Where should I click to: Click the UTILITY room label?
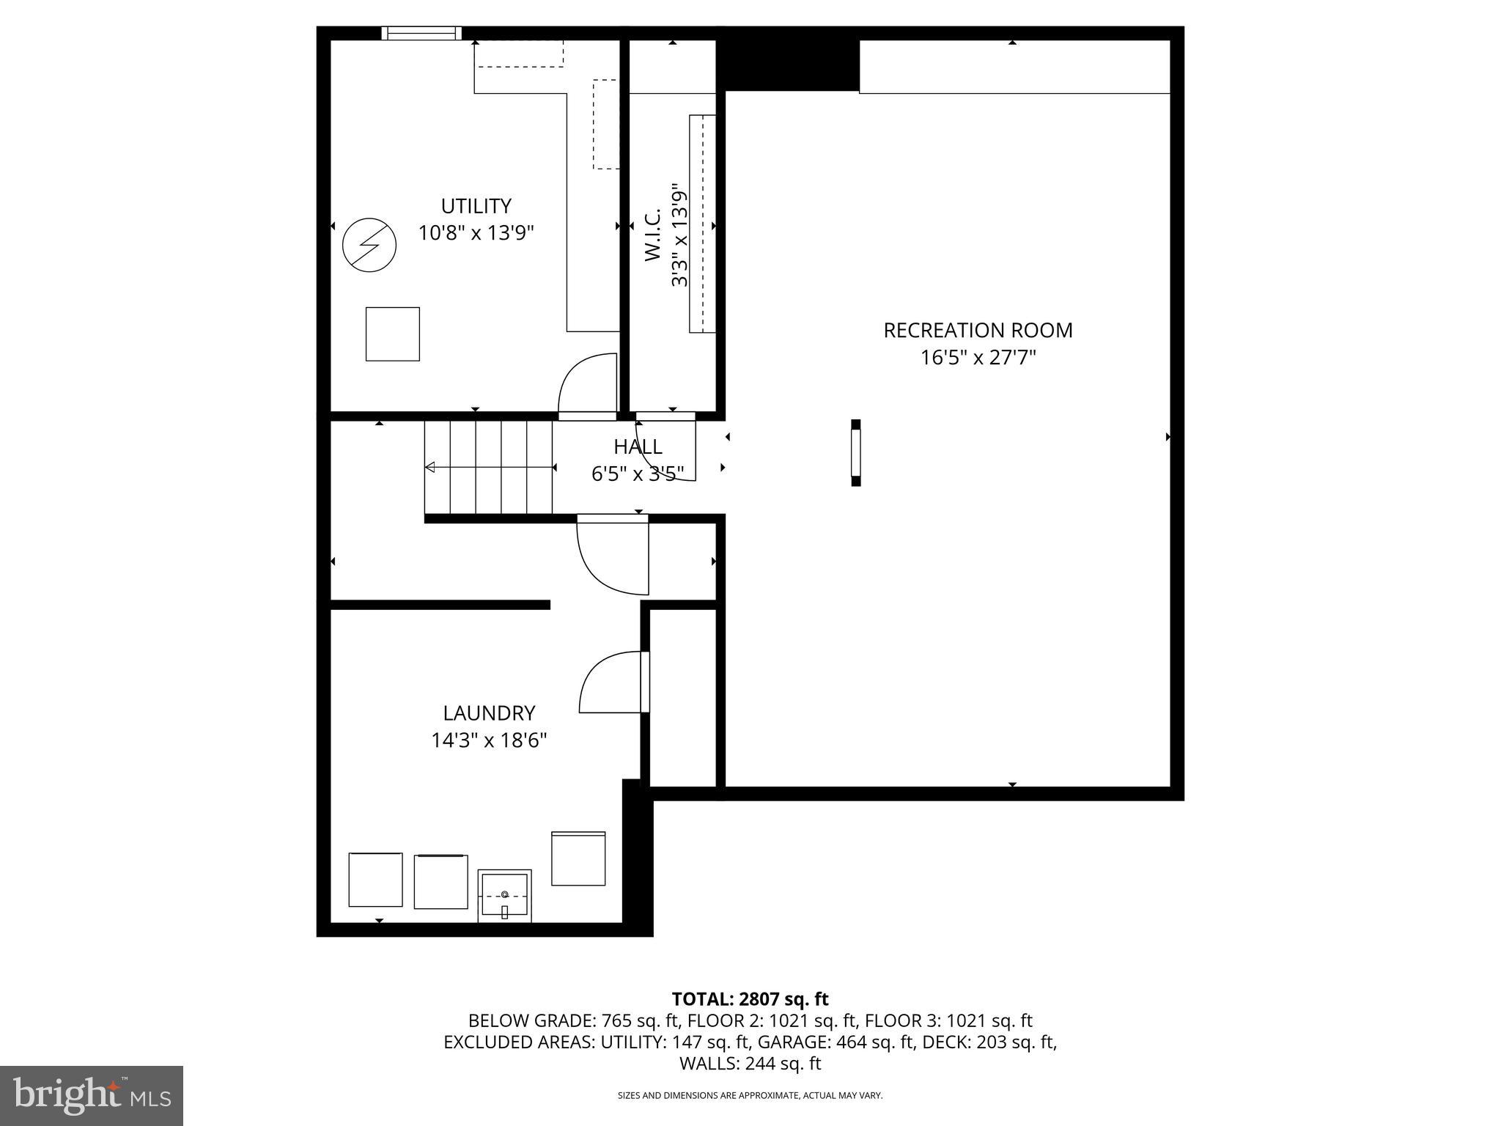[x=476, y=206]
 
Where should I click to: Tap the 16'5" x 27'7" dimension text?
[x=978, y=358]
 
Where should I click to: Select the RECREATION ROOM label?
[x=978, y=331]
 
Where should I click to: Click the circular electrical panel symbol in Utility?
[x=369, y=245]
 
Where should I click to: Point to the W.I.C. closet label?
[x=653, y=235]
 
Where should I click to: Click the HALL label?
[x=638, y=446]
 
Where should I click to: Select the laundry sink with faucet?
[x=504, y=896]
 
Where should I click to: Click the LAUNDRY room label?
[x=489, y=713]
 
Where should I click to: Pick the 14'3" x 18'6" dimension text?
[x=489, y=740]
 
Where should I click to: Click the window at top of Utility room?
[x=421, y=33]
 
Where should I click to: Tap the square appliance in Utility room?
[x=393, y=334]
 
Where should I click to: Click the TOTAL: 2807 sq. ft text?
[x=750, y=999]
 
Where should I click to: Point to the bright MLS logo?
[x=92, y=1095]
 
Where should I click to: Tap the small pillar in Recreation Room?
[x=855, y=452]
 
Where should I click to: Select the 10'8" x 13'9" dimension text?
[x=476, y=233]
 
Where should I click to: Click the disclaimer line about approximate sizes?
[x=750, y=1096]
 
